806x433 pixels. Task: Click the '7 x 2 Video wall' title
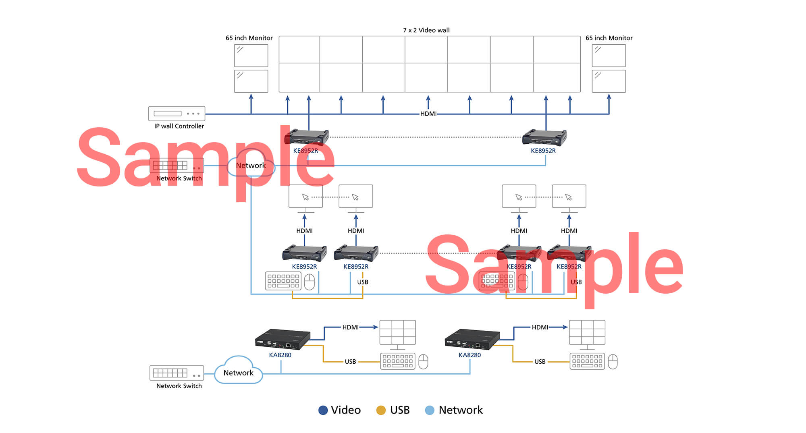click(426, 30)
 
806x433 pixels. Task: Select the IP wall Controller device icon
click(177, 114)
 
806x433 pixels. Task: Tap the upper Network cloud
click(251, 166)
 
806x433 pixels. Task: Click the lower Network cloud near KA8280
click(238, 372)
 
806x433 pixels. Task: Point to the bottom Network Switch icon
click(177, 373)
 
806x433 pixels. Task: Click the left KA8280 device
click(283, 339)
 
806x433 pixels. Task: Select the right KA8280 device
click(472, 339)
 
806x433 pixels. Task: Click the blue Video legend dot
click(323, 410)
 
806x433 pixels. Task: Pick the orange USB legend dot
click(381, 410)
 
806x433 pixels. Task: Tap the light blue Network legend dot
click(430, 410)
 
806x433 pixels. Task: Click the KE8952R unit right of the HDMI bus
click(544, 137)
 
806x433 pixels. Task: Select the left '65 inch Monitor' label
click(249, 38)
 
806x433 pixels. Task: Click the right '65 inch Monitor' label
click(609, 38)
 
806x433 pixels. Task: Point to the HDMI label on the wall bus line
click(428, 114)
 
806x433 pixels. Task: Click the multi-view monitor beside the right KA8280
click(587, 333)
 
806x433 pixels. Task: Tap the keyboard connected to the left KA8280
click(398, 361)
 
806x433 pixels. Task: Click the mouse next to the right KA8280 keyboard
click(613, 362)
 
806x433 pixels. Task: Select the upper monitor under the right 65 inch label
click(609, 56)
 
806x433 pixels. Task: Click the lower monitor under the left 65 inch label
click(251, 81)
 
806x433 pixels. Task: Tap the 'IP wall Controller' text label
click(179, 126)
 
